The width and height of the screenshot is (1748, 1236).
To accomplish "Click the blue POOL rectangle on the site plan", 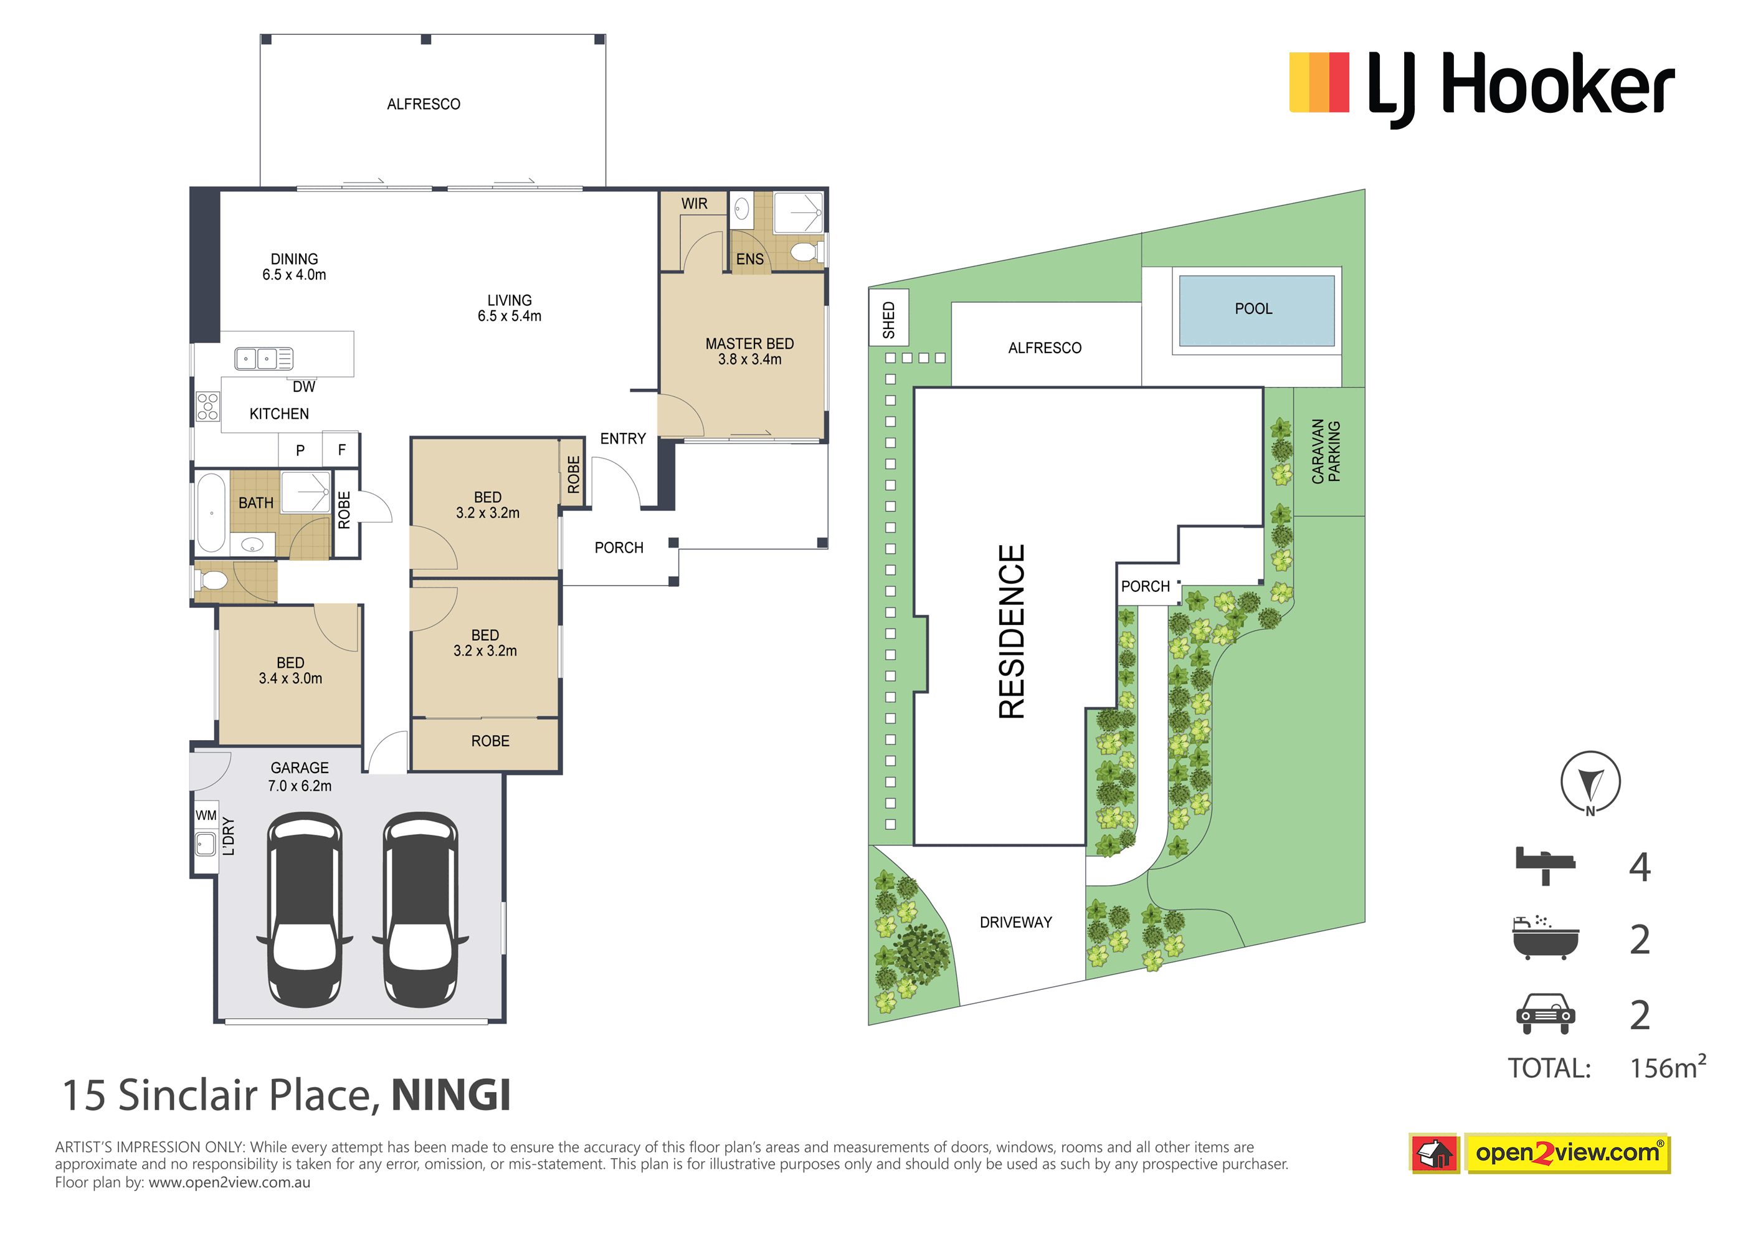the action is [x=1256, y=311].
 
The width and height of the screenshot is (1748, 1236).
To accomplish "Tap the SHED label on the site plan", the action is [x=888, y=320].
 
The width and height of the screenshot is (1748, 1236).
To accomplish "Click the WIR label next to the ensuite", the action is [x=695, y=203].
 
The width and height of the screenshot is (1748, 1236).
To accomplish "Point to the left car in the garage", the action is [x=305, y=910].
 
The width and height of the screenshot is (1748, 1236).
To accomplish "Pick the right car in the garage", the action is [x=420, y=910].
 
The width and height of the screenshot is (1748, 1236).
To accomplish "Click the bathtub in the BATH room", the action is [x=211, y=513].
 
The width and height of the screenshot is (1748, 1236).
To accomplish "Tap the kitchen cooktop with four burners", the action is [x=208, y=406].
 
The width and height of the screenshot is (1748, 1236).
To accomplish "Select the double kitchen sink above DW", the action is [x=264, y=358].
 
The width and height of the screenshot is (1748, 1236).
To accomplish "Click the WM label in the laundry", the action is [x=206, y=815].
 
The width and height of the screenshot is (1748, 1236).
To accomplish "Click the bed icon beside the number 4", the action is [x=1545, y=866].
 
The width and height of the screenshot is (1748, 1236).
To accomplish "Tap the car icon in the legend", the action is [x=1545, y=1014].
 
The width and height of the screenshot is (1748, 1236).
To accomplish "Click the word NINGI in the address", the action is [x=450, y=1095].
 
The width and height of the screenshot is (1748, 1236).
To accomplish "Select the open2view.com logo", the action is [x=1539, y=1153].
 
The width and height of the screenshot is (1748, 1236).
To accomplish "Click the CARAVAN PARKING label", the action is [x=1326, y=451].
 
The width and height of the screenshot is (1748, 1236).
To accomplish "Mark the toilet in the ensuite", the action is [x=805, y=251].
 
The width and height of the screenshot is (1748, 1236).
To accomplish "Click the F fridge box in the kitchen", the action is [x=341, y=449].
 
